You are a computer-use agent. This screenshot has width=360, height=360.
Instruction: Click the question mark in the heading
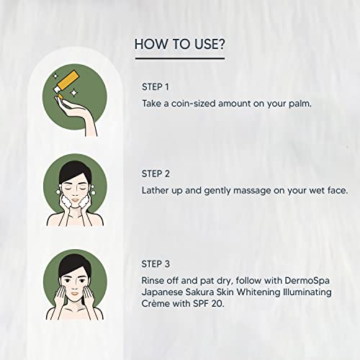pos(220,45)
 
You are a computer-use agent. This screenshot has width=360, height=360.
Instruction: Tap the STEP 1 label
pos(156,87)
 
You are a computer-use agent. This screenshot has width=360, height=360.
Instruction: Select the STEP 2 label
pos(156,174)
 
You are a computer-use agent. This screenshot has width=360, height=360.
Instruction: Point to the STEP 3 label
pos(156,264)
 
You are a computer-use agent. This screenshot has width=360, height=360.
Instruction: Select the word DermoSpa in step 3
pos(307,281)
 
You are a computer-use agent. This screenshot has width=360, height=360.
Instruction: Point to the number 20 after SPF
pos(217,304)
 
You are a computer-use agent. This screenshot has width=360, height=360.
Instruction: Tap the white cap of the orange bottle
pos(57,90)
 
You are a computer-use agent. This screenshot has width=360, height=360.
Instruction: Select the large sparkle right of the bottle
pos(73,93)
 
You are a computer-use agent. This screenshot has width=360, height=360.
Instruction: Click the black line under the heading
pos(180,58)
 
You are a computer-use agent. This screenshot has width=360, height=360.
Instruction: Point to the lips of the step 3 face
pos(75,293)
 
